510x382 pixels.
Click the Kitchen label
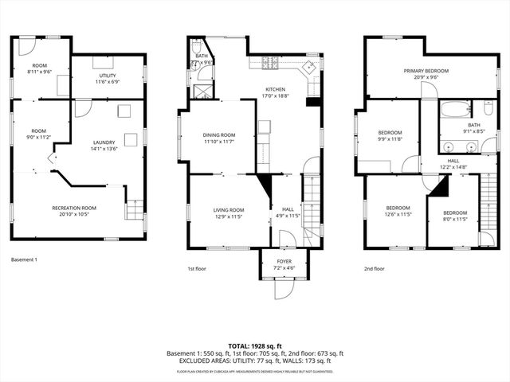coord(280,92)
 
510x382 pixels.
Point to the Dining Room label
coord(218,138)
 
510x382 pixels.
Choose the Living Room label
coord(228,213)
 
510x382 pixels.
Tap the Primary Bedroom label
coord(426,74)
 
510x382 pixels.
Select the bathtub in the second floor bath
coord(457,108)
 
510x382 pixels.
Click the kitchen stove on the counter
coord(269,63)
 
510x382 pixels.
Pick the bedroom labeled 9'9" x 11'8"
coord(390,136)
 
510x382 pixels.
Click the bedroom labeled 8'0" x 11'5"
coord(454,216)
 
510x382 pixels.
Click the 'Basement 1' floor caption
coord(25,259)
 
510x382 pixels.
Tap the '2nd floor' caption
coord(374,269)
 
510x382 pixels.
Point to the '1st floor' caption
coord(197,269)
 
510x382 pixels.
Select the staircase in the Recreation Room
coord(135,211)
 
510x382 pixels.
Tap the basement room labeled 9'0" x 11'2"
coord(39,134)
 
